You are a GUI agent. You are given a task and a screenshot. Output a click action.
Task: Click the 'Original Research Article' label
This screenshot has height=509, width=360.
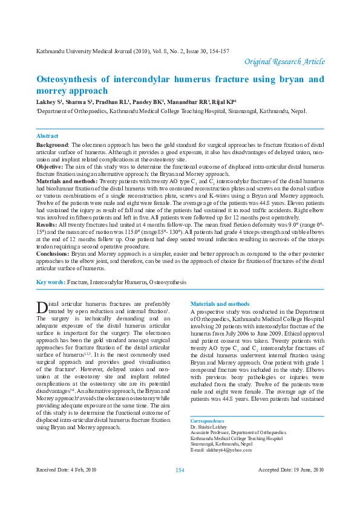(x=284, y=62)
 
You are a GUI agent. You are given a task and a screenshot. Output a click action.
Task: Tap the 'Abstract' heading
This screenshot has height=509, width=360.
(x=47, y=137)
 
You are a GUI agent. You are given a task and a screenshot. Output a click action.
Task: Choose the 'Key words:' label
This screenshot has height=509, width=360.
(x=51, y=282)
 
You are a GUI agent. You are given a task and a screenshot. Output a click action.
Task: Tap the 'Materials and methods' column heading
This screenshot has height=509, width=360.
(x=220, y=303)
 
